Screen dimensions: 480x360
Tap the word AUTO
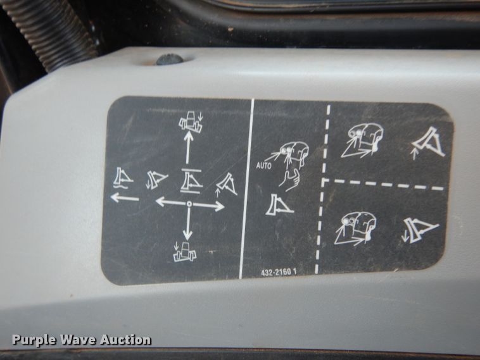point(264,166)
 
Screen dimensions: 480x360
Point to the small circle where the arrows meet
point(189,204)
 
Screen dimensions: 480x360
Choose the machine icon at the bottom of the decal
point(184,252)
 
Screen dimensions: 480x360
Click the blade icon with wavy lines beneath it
point(123,178)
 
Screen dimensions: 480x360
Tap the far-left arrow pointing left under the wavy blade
point(125,197)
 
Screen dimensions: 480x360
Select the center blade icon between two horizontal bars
point(191,181)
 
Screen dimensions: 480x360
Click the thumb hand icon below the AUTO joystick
point(289,180)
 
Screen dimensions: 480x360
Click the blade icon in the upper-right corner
point(429,143)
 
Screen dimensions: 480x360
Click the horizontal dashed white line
point(383,184)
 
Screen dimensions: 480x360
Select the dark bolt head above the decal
point(170,59)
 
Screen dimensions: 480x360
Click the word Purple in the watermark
point(34,340)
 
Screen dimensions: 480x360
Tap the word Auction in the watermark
point(125,340)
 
